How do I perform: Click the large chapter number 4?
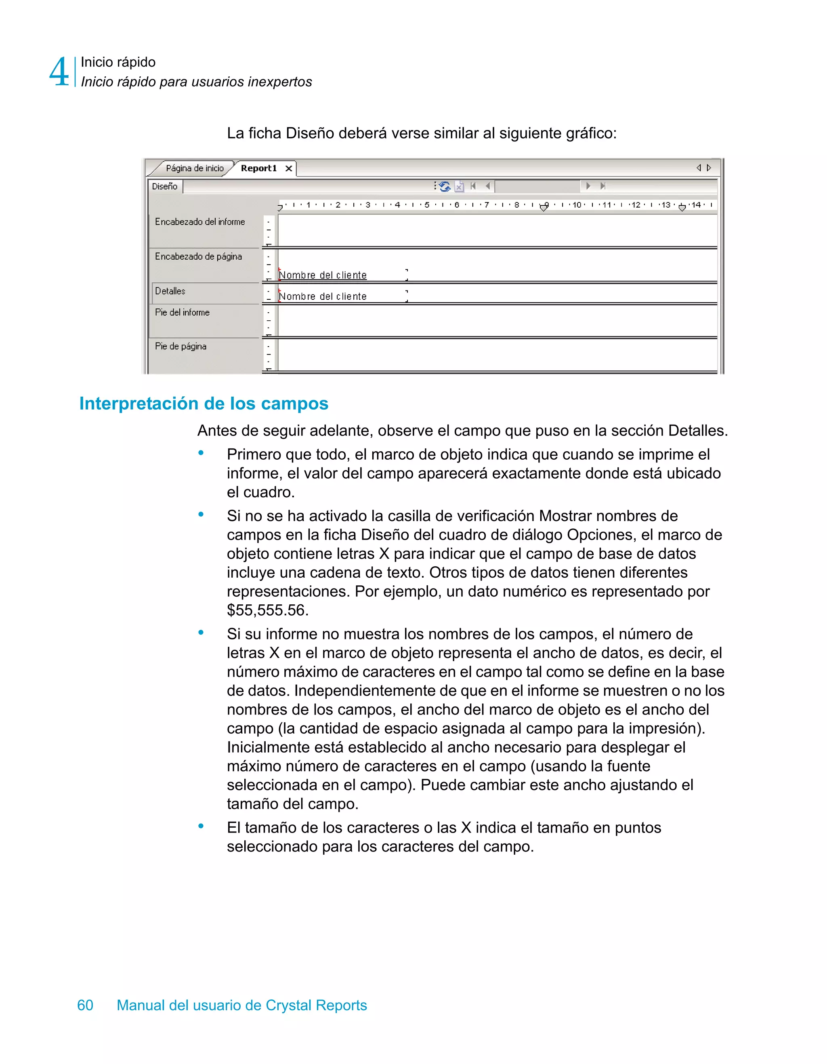click(x=59, y=72)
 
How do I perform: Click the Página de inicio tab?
click(x=194, y=168)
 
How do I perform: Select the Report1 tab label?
click(x=258, y=168)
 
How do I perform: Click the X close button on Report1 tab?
click(x=289, y=168)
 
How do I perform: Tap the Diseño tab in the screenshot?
click(x=165, y=187)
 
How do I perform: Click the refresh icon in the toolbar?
click(x=445, y=186)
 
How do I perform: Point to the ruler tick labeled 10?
click(x=577, y=205)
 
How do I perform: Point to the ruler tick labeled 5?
click(x=427, y=205)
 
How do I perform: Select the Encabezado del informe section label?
click(x=200, y=222)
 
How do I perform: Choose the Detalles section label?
click(x=170, y=291)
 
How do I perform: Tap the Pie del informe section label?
click(x=182, y=313)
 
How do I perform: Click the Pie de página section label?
click(x=181, y=346)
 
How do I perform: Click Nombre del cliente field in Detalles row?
click(x=322, y=296)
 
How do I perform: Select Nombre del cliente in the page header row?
click(x=322, y=275)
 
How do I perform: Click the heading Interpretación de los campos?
click(x=204, y=404)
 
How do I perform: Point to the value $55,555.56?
click(x=267, y=610)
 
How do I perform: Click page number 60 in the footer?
click(x=85, y=1005)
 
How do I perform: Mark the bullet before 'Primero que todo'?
click(x=201, y=454)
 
